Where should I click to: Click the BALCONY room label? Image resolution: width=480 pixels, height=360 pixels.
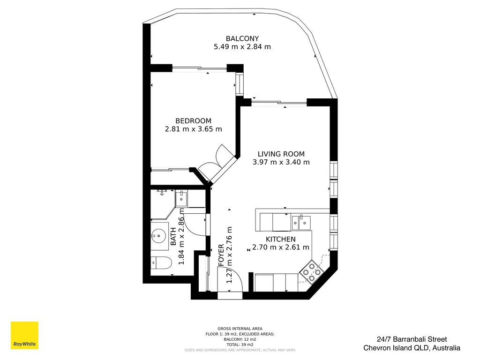pos(242,38)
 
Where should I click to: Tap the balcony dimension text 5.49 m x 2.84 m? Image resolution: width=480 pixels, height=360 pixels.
pos(242,47)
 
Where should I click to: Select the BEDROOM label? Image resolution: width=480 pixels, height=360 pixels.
pos(193,121)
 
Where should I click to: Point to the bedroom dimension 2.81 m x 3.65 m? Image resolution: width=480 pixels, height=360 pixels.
pos(193,129)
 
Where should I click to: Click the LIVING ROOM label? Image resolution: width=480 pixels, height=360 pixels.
pos(281,154)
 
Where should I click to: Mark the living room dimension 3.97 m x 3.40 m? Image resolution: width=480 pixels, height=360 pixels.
pos(281,162)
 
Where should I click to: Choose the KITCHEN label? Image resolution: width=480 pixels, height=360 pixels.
pos(281,239)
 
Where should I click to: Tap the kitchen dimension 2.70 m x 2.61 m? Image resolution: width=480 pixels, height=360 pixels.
pos(281,247)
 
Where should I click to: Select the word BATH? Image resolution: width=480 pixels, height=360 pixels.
pos(173,237)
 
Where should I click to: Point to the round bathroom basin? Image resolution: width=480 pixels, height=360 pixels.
pos(160,235)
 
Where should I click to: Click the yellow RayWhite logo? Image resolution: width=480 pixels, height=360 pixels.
pos(24,335)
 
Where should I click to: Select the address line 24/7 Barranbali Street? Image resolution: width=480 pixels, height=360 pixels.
pos(412,339)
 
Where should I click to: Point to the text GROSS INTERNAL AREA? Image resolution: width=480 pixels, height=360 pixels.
pos(240,329)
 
